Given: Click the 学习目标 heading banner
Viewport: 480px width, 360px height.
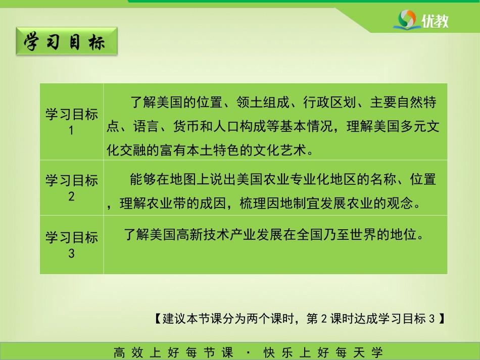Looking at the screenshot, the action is tap(67, 41).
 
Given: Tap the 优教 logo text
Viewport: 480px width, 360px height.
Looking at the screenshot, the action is tap(435, 21).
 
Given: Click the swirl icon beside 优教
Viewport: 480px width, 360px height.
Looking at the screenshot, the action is tap(407, 20).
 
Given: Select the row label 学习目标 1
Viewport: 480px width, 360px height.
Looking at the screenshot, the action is tap(72, 122).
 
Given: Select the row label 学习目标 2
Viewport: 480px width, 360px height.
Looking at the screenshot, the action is tap(72, 188).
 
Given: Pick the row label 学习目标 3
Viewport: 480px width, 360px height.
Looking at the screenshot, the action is tap(72, 245).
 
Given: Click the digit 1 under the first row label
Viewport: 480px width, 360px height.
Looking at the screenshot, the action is tap(71, 131).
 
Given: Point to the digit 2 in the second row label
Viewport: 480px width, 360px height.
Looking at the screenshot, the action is tap(71, 196).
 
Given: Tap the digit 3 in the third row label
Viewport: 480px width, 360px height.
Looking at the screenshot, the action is tap(71, 253).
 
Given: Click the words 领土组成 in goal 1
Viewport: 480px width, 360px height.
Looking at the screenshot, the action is tap(263, 102).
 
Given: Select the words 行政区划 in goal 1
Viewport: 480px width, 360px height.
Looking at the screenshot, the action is tap(330, 102).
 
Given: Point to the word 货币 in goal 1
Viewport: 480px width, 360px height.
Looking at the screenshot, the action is tap(186, 126).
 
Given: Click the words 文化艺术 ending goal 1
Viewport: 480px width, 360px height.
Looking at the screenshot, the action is tap(280, 150).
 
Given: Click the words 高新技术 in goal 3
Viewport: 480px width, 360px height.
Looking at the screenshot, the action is tap(203, 235).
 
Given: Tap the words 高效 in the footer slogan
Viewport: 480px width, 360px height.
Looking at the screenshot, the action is tap(128, 352).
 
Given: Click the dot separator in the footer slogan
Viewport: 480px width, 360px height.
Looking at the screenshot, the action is tap(248, 353).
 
